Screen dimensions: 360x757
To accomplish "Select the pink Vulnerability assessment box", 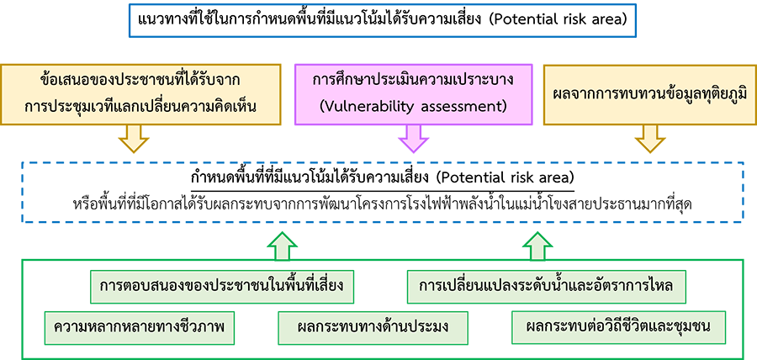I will click(412, 93).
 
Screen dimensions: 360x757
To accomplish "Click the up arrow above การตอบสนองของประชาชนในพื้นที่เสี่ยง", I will click(283, 246).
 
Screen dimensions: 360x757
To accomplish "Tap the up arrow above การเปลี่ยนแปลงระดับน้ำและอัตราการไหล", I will click(539, 246).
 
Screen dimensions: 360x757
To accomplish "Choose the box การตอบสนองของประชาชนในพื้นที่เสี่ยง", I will click(221, 287).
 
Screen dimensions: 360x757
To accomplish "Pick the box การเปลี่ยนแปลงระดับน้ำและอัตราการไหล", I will click(552, 287).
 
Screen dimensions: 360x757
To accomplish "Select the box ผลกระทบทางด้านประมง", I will click(374, 326).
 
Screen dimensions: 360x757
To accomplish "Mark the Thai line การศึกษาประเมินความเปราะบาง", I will click(412, 81).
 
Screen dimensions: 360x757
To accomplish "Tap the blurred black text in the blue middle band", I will click(378, 192).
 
